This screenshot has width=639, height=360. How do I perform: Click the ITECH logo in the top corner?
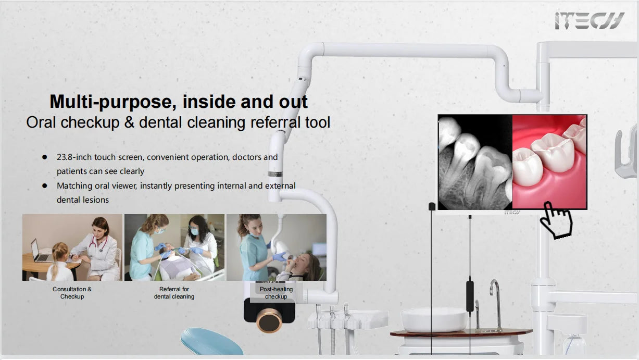tap(590, 20)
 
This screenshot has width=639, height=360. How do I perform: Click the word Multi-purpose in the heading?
tap(113, 102)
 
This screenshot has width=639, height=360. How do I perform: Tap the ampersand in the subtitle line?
tap(129, 122)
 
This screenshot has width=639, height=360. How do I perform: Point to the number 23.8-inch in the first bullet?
tap(74, 157)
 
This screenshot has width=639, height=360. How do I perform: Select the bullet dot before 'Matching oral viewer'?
tap(44, 185)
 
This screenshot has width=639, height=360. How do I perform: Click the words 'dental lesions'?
tap(83, 200)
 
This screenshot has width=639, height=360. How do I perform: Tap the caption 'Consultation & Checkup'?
tap(72, 293)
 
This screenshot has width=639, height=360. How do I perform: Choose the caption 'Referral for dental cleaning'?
tap(174, 293)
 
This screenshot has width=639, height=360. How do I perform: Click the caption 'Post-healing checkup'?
tap(276, 293)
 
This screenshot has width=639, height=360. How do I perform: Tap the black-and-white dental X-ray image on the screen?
tap(475, 162)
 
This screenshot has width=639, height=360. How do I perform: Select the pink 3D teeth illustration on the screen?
tap(549, 162)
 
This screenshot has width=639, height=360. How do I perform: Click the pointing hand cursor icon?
tap(556, 220)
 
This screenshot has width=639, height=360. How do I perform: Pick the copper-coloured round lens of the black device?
tap(269, 320)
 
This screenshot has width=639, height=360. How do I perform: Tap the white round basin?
tap(434, 320)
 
